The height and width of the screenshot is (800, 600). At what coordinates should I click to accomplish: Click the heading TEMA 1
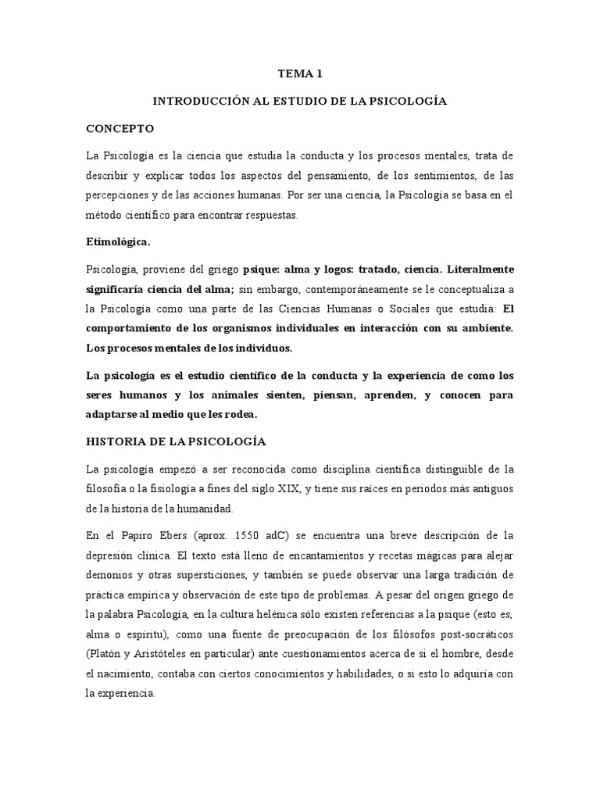[300, 74]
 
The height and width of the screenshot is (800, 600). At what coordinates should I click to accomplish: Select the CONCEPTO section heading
[120, 128]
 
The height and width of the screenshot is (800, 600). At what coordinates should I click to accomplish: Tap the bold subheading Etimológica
[117, 242]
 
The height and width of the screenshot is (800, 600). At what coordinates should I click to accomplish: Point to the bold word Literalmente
[477, 270]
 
